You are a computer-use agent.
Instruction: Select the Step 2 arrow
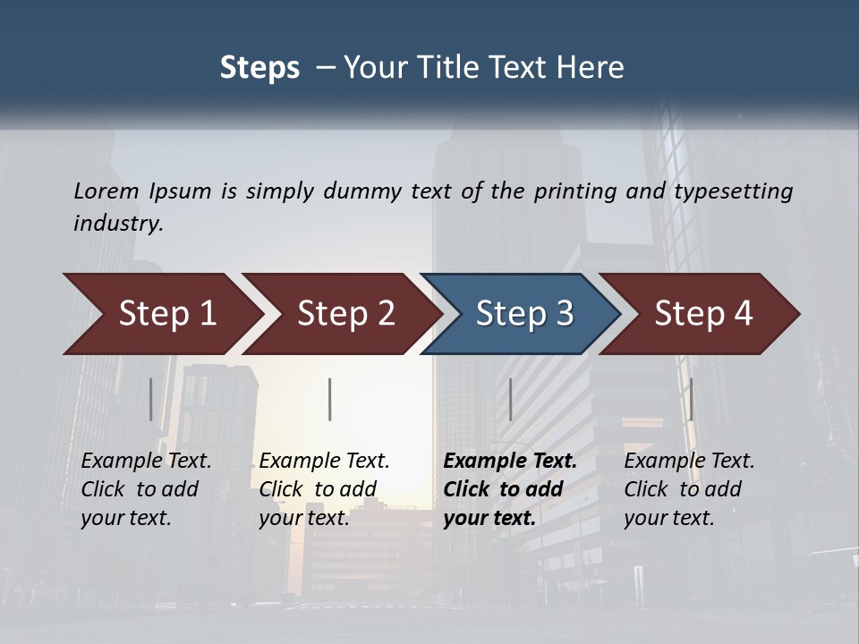coord(345,314)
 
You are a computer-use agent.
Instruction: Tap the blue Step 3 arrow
coord(524,314)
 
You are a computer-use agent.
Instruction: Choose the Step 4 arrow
coord(703,314)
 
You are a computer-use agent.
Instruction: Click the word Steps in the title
coord(259,68)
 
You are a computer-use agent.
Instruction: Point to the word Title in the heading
coord(461,68)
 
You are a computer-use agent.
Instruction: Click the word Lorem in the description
coord(106,191)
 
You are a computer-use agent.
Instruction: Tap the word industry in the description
coord(118,223)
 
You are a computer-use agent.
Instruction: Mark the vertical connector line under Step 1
coord(151,399)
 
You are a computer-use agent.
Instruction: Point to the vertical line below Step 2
coord(330,399)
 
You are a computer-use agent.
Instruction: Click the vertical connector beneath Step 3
coord(510,399)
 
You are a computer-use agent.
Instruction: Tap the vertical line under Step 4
coord(691,399)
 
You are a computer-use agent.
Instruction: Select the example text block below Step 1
coord(146,489)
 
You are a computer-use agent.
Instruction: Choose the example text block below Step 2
coord(324,489)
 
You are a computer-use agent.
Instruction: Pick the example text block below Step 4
coord(689,489)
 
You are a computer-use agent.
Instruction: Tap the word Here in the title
coord(591,68)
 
